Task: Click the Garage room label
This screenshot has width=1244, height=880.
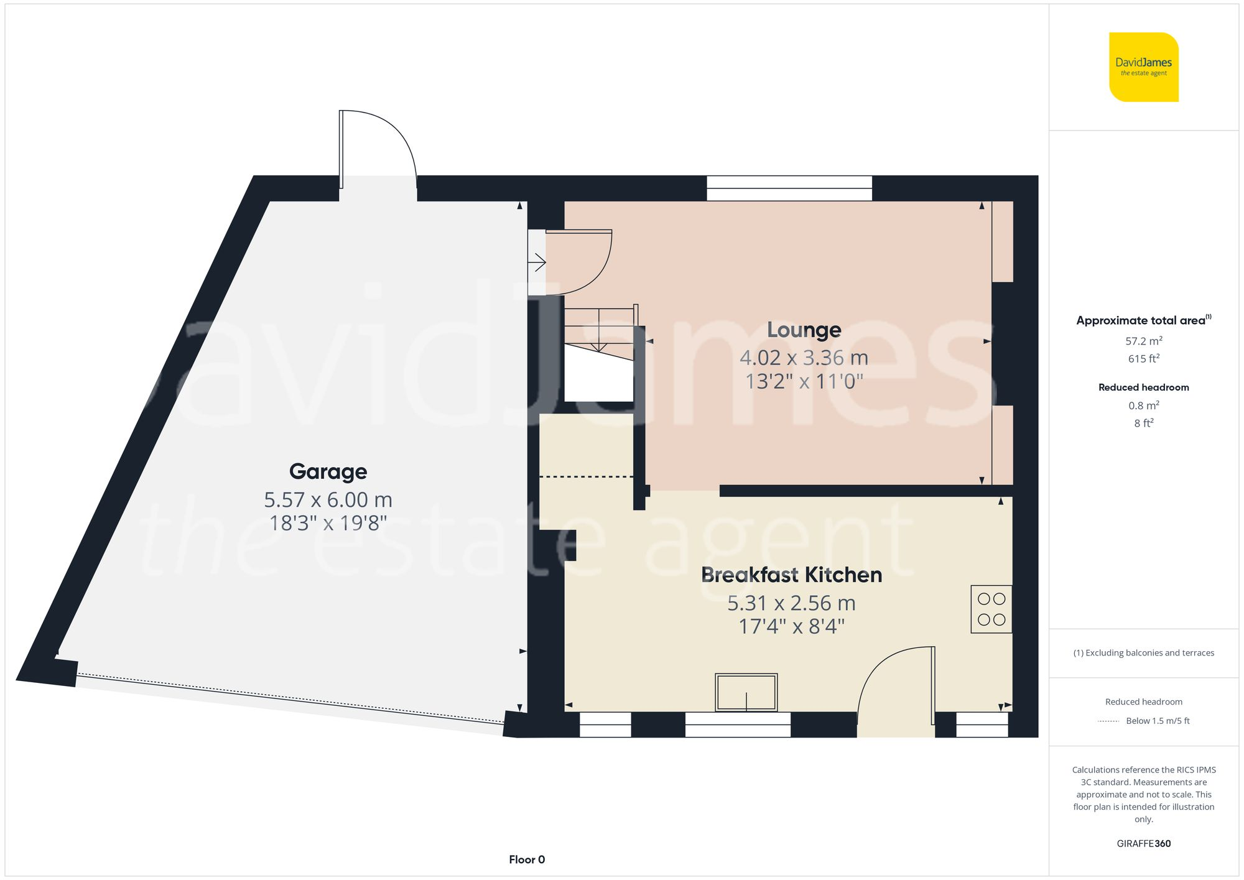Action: tap(328, 471)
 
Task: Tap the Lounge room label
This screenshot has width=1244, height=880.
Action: tap(804, 330)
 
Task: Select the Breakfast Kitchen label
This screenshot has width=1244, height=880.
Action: tap(791, 575)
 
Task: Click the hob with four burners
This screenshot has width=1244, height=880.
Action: tap(991, 609)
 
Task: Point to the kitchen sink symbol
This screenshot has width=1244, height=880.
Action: tap(746, 692)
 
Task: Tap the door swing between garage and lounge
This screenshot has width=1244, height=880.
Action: tap(578, 262)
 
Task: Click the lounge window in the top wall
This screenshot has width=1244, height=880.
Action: tap(789, 188)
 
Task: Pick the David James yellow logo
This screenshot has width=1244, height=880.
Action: tap(1143, 67)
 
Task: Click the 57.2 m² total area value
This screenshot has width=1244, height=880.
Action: tap(1143, 341)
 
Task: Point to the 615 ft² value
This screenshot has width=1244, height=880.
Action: tap(1143, 359)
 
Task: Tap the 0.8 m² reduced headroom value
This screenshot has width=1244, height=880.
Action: tap(1143, 405)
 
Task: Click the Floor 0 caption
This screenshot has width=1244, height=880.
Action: tap(527, 859)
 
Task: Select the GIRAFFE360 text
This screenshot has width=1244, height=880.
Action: tap(1143, 843)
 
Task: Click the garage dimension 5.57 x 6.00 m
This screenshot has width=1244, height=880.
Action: tap(328, 499)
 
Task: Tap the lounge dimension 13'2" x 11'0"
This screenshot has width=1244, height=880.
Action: tap(804, 381)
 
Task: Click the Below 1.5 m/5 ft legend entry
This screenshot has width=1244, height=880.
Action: tap(1157, 721)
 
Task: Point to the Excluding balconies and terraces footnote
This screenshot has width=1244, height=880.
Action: tap(1143, 653)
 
